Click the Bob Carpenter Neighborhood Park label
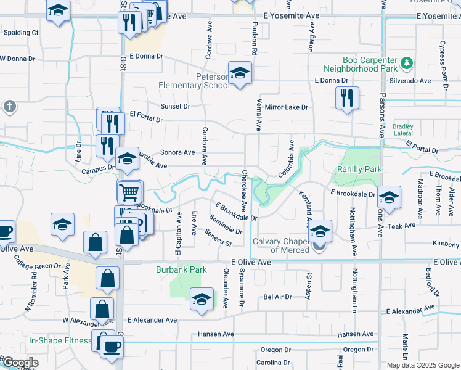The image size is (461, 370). [361, 65]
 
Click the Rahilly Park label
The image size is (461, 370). [359, 169]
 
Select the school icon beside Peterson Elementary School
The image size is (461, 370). [240, 73]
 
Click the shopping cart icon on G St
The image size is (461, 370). [129, 192]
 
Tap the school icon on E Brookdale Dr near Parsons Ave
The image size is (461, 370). [389, 197]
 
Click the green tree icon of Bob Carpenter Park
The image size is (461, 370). [406, 62]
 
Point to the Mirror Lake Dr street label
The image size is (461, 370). [286, 107]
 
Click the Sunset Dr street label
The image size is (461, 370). [175, 106]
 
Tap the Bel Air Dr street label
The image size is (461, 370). [277, 297]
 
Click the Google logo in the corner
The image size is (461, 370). [20, 363]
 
